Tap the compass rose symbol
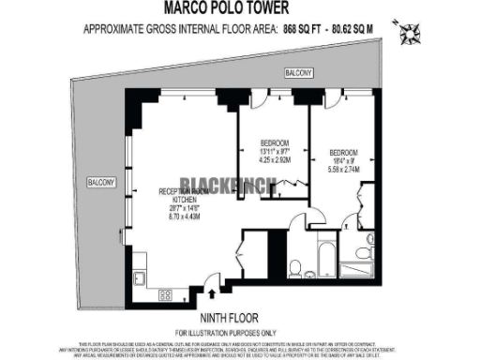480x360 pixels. click(x=409, y=35)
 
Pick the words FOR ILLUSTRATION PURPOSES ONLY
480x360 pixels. click(x=242, y=333)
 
